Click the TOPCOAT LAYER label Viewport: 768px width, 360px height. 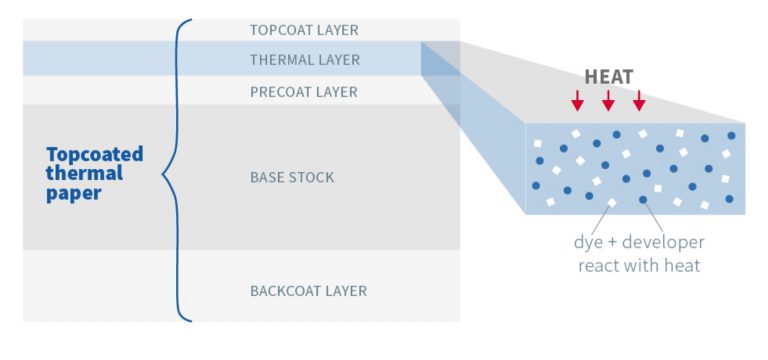[x=303, y=30]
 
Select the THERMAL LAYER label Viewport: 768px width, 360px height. [x=304, y=60]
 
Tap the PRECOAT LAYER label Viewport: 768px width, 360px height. [x=303, y=92]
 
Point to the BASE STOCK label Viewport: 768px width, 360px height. [x=291, y=178]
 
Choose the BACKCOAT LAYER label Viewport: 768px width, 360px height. [x=308, y=291]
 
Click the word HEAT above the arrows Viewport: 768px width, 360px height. [x=607, y=77]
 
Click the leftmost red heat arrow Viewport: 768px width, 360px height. [x=577, y=100]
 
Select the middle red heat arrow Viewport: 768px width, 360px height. [x=608, y=100]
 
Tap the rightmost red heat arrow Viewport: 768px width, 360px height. [x=639, y=100]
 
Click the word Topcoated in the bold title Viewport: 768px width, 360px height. [x=95, y=154]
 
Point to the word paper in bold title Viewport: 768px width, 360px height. [x=74, y=194]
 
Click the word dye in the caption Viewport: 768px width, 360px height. [x=589, y=243]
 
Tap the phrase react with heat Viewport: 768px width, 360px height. [x=639, y=265]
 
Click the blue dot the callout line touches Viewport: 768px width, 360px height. [x=643, y=199]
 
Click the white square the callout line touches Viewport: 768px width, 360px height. [x=612, y=203]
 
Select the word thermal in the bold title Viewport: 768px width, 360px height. [x=84, y=174]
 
